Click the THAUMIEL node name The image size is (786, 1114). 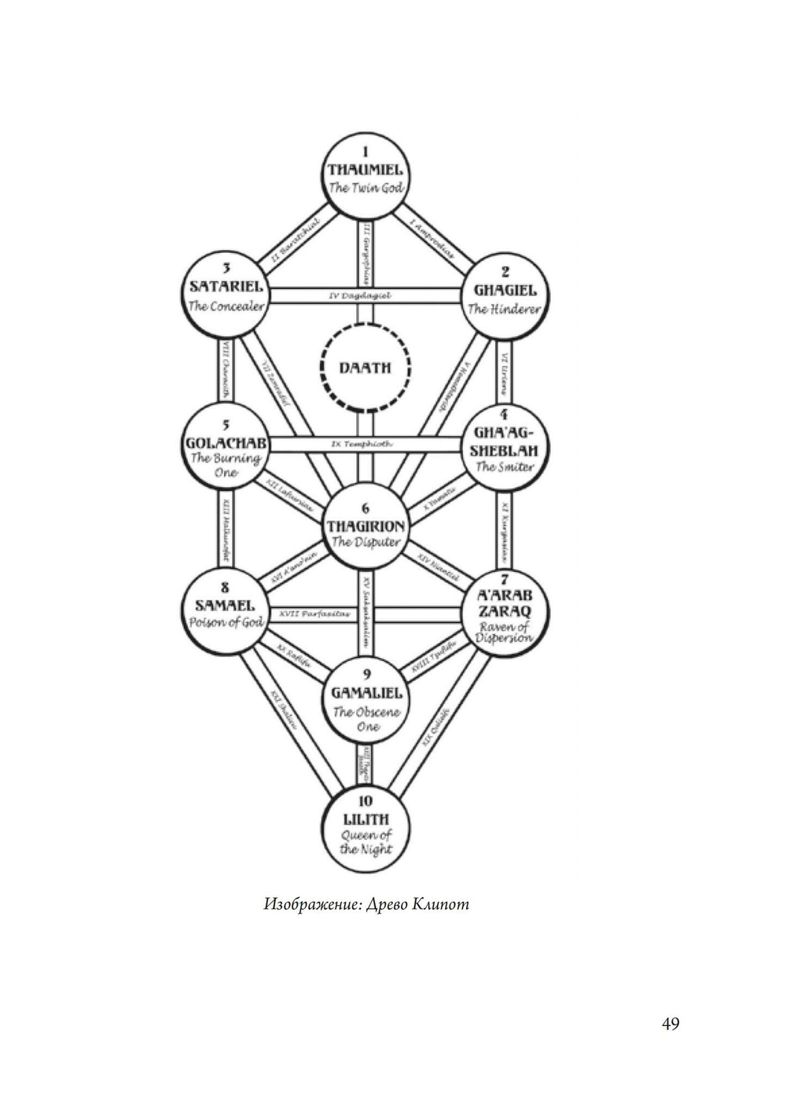click(365, 170)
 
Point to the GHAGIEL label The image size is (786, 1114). click(505, 291)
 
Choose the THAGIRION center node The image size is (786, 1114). click(365, 526)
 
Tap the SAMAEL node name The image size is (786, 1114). click(225, 606)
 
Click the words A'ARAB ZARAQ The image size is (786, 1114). click(505, 603)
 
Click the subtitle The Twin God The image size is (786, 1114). click(366, 189)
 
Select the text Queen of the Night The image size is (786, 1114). click(366, 842)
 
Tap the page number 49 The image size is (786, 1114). click(670, 1024)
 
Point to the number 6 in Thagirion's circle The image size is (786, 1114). click(366, 508)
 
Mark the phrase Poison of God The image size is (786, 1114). click(225, 623)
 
